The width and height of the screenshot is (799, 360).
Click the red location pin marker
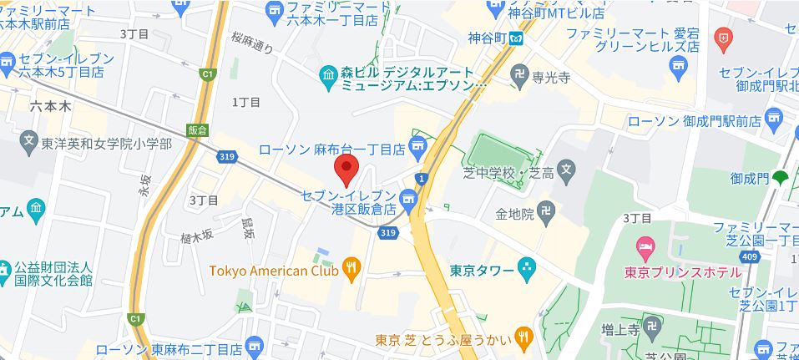click(346, 170)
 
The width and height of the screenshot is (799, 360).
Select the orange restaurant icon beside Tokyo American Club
click(351, 269)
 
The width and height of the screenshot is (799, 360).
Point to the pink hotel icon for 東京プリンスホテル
click(645, 246)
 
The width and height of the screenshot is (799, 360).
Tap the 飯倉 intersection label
click(198, 130)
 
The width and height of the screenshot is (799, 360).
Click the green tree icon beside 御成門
click(781, 176)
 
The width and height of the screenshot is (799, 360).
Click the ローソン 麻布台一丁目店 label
click(332, 149)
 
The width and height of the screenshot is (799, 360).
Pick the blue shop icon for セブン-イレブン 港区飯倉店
click(407, 198)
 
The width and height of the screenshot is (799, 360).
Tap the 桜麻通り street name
click(253, 43)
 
